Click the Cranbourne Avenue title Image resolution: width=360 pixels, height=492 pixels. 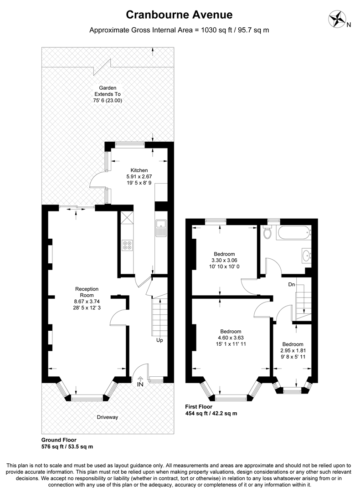[x=180, y=15]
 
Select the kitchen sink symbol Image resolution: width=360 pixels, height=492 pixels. [x=160, y=227]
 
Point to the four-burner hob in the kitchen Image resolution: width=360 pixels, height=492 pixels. [x=127, y=246]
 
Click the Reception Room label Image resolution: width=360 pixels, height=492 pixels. [x=87, y=292]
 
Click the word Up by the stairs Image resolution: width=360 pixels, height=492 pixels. [x=159, y=340]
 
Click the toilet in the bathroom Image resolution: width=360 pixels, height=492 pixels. [x=267, y=232]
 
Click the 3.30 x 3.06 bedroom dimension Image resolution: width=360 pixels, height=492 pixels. [x=224, y=260]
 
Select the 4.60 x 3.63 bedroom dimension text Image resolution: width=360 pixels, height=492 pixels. [x=231, y=338]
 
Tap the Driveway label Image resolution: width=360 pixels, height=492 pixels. [x=108, y=417]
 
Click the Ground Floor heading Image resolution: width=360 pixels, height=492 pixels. [x=59, y=440]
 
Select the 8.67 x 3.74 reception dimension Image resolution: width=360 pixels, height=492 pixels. [x=87, y=302]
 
